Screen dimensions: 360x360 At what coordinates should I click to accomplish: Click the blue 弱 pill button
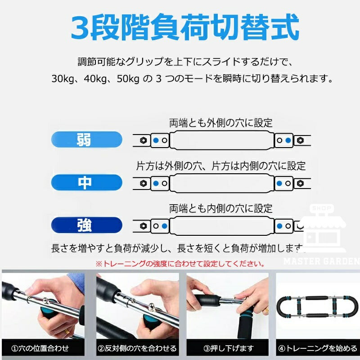point(86,139)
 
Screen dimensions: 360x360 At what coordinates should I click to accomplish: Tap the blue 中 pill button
point(86,183)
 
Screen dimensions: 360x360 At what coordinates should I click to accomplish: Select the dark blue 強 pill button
point(86,225)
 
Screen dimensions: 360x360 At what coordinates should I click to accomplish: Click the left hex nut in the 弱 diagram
point(144,140)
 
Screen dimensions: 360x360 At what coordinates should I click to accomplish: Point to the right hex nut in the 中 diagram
point(300,183)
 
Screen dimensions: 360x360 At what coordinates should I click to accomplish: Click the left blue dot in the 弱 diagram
point(156,140)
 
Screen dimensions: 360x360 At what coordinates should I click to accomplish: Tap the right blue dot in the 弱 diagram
point(288,140)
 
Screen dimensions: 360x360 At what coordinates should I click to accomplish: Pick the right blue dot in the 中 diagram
point(279,183)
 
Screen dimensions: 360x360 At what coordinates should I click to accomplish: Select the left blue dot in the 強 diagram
point(165,226)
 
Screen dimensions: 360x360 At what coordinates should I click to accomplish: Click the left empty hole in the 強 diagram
point(156,226)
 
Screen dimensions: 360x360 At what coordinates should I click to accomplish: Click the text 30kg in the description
point(63,79)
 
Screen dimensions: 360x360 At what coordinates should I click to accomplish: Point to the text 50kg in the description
point(128,79)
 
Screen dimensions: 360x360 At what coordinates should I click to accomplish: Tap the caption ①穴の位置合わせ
point(40,348)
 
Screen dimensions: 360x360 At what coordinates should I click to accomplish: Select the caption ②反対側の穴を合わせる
point(137,348)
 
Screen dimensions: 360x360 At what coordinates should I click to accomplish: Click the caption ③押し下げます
point(229,348)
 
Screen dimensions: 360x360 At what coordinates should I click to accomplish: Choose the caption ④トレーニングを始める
point(318,348)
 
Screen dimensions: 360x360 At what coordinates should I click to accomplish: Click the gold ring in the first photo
point(66,332)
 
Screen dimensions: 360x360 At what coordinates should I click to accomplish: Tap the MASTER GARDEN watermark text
point(321,261)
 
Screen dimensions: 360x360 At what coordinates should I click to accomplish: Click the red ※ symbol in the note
point(99,264)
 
